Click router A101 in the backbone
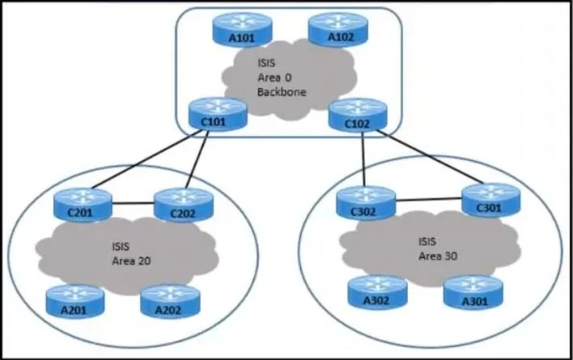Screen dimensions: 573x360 (x=242, y=30)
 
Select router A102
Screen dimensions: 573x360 (x=338, y=30)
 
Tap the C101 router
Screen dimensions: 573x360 (x=218, y=114)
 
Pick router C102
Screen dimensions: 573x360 (x=358, y=115)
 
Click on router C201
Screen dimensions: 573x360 (x=83, y=205)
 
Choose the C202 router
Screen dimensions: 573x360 (x=184, y=205)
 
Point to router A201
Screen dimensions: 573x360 (x=75, y=302)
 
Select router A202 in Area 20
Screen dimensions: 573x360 (x=170, y=302)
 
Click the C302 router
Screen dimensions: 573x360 (x=366, y=203)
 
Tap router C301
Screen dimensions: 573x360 (x=491, y=200)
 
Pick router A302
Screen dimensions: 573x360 (x=377, y=292)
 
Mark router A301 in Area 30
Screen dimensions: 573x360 (x=473, y=292)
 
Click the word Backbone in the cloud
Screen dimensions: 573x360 (x=282, y=92)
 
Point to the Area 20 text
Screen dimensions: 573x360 (x=131, y=261)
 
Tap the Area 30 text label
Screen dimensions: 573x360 (x=438, y=256)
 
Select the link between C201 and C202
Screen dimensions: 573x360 (x=133, y=203)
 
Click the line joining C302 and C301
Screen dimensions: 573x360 (x=429, y=199)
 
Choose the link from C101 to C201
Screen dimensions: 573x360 (x=146, y=159)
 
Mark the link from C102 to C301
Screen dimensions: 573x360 (x=430, y=157)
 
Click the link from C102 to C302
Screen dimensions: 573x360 (x=363, y=159)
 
